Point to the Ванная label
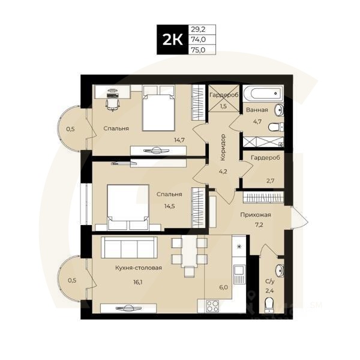tap(257, 110)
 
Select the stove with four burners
tap(213, 305)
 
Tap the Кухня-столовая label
tap(139, 268)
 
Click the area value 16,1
tap(139, 280)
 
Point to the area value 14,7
tap(179, 140)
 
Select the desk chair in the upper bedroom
tap(111, 103)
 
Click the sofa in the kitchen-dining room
tap(128, 247)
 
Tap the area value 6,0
tap(224, 287)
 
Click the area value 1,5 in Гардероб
tap(223, 106)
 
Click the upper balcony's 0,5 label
tap(71, 128)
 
